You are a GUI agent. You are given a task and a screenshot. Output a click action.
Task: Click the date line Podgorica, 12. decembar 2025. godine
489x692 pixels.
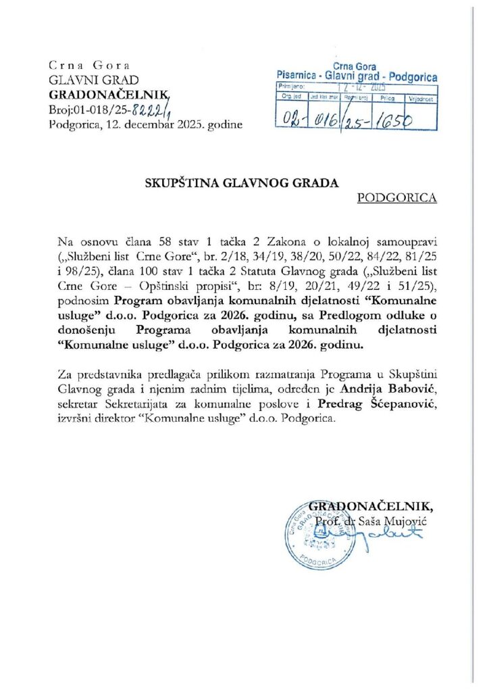pos(141,125)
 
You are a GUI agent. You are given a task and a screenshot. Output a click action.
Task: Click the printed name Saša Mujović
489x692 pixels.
pos(393,521)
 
